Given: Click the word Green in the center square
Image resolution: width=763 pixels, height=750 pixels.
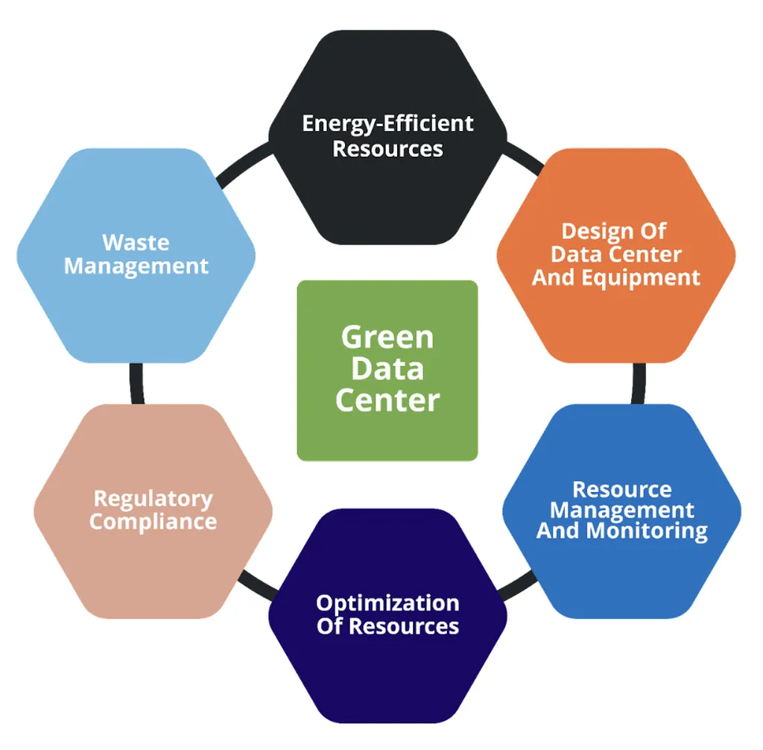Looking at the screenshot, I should [x=387, y=337].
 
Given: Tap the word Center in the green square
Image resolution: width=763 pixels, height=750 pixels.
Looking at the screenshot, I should [x=387, y=400].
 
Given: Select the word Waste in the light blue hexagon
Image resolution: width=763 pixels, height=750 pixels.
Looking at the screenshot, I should [x=136, y=242].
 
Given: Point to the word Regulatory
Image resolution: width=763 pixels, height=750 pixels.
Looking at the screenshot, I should [x=153, y=498].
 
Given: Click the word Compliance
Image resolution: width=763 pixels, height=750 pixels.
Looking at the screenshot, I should [x=153, y=521].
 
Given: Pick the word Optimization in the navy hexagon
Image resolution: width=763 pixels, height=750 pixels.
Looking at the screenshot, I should [x=387, y=602].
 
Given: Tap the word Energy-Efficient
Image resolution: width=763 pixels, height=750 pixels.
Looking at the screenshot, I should [x=387, y=123].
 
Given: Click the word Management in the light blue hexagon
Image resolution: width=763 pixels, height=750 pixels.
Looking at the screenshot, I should [x=136, y=266].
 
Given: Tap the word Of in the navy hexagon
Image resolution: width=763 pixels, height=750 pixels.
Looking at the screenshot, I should [x=330, y=625].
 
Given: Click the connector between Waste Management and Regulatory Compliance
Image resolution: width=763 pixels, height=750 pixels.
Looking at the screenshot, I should [x=136, y=383].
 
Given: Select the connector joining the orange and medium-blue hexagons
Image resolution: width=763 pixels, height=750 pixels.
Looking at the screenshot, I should [x=639, y=383].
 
